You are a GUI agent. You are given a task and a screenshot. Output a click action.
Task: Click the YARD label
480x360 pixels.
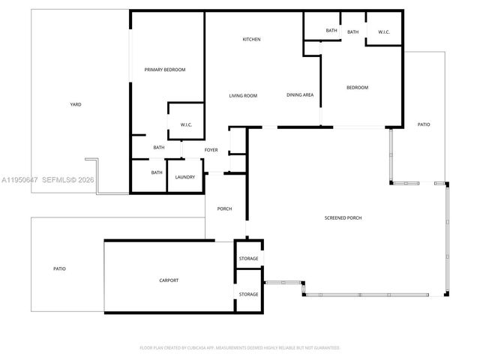click(76, 105)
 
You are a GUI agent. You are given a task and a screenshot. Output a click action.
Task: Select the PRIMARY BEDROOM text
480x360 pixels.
click(165, 70)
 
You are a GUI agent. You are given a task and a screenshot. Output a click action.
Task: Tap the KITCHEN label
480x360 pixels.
click(251, 40)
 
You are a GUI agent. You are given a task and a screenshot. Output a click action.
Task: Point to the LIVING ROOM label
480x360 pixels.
click(243, 96)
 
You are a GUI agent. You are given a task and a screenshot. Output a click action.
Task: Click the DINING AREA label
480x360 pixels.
click(300, 96)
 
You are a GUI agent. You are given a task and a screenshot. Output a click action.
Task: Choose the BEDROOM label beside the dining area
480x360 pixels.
click(357, 88)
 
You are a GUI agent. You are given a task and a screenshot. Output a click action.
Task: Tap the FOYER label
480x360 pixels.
click(211, 150)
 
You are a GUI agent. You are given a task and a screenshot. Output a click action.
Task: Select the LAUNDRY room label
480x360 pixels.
click(185, 177)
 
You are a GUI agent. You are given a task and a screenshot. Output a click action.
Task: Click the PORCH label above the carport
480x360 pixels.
click(224, 208)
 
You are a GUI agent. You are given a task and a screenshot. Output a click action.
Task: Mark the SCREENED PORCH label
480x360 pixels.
click(343, 218)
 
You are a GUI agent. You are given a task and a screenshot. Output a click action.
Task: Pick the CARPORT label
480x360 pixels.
click(169, 280)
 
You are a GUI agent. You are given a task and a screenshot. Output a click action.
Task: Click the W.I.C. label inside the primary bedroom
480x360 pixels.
click(187, 124)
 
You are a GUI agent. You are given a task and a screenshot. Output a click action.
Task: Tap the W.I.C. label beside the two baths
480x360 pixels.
click(384, 32)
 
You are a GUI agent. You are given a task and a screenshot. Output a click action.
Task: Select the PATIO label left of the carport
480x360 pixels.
click(59, 268)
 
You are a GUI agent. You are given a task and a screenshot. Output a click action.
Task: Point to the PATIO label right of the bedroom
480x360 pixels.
click(424, 124)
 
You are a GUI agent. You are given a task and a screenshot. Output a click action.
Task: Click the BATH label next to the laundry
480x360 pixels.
click(156, 172)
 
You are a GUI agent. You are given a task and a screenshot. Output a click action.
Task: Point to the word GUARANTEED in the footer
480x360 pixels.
click(324, 348)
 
